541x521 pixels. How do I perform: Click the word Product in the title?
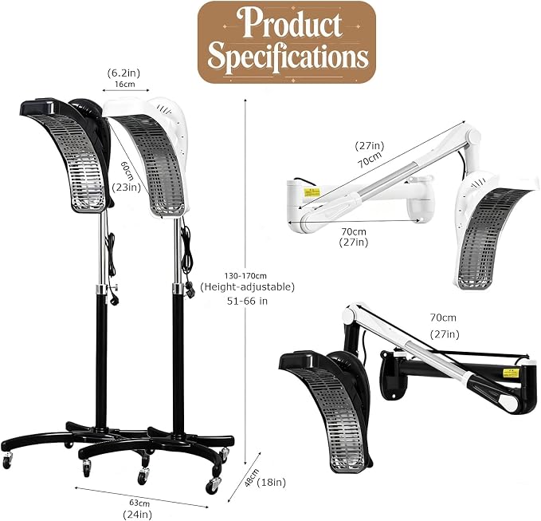tap(292, 23)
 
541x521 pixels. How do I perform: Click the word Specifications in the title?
tap(288, 57)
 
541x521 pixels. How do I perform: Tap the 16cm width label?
tap(125, 84)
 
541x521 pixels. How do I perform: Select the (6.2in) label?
tap(123, 73)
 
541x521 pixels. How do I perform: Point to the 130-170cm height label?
tap(245, 276)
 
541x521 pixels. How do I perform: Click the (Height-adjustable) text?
tap(247, 287)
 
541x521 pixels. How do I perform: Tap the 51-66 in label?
tap(247, 301)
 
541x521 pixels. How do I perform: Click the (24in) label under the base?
tap(137, 514)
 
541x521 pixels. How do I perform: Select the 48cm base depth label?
tap(252, 478)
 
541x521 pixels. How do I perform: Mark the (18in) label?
tap(272, 482)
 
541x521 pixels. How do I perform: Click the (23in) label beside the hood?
tap(127, 187)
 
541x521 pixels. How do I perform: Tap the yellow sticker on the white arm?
tap(312, 192)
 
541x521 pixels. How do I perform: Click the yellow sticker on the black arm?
tap(511, 373)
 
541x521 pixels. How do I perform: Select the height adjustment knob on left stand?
tap(114, 286)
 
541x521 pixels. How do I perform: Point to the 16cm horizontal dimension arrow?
tap(126, 90)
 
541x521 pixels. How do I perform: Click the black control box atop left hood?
tap(38, 106)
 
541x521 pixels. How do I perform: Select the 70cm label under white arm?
tap(354, 231)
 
